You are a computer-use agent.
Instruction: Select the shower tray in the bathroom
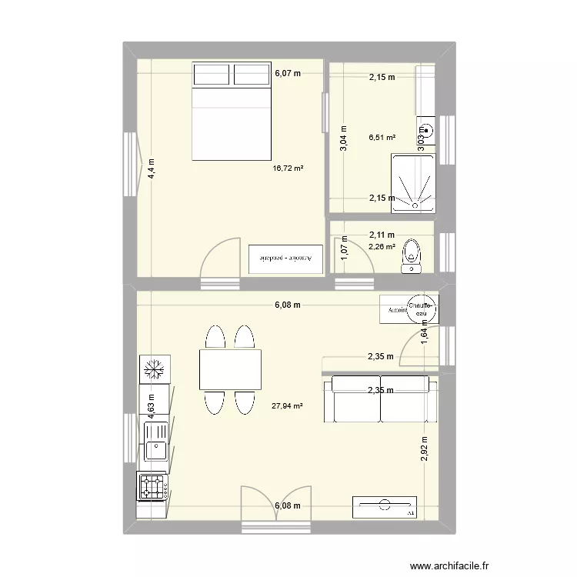coord(413,182)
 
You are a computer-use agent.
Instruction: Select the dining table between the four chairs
coord(230,369)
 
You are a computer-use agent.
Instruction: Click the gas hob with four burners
coord(153,486)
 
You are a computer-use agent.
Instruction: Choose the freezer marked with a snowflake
coord(154,369)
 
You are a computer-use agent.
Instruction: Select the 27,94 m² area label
coord(288,405)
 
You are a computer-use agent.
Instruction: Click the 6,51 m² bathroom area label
coord(382,138)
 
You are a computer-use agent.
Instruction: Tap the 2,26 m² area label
coord(382,247)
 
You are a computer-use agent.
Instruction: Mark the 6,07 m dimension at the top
coord(288,75)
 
